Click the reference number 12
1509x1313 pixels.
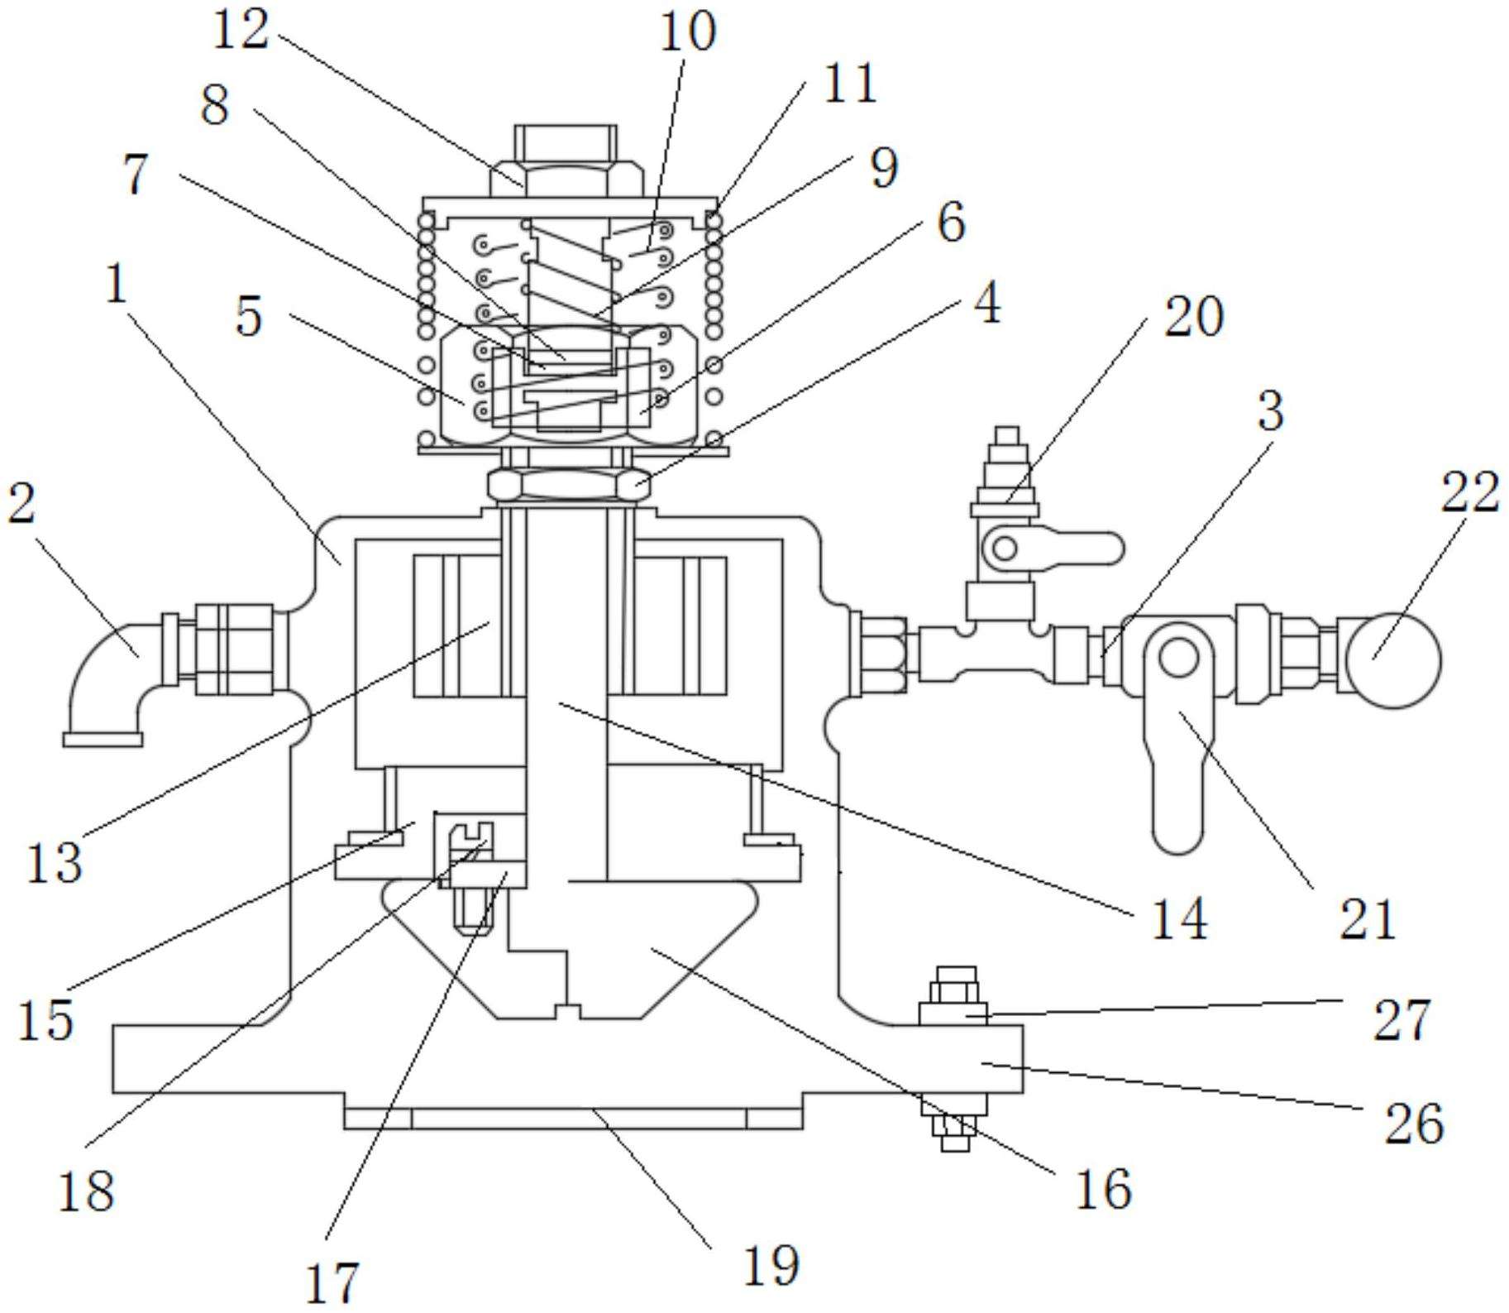click(x=241, y=31)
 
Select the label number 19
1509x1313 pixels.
click(x=771, y=1265)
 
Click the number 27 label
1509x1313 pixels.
click(x=1402, y=1020)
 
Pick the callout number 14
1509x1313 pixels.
click(x=1179, y=918)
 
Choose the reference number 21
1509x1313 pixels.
click(x=1368, y=918)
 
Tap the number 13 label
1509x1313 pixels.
click(x=55, y=862)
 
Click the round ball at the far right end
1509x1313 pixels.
click(x=1394, y=660)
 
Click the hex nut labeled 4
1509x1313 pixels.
click(x=568, y=484)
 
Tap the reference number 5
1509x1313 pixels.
click(x=249, y=317)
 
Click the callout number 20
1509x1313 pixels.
click(x=1193, y=316)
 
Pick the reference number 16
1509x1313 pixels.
click(x=1103, y=1190)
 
